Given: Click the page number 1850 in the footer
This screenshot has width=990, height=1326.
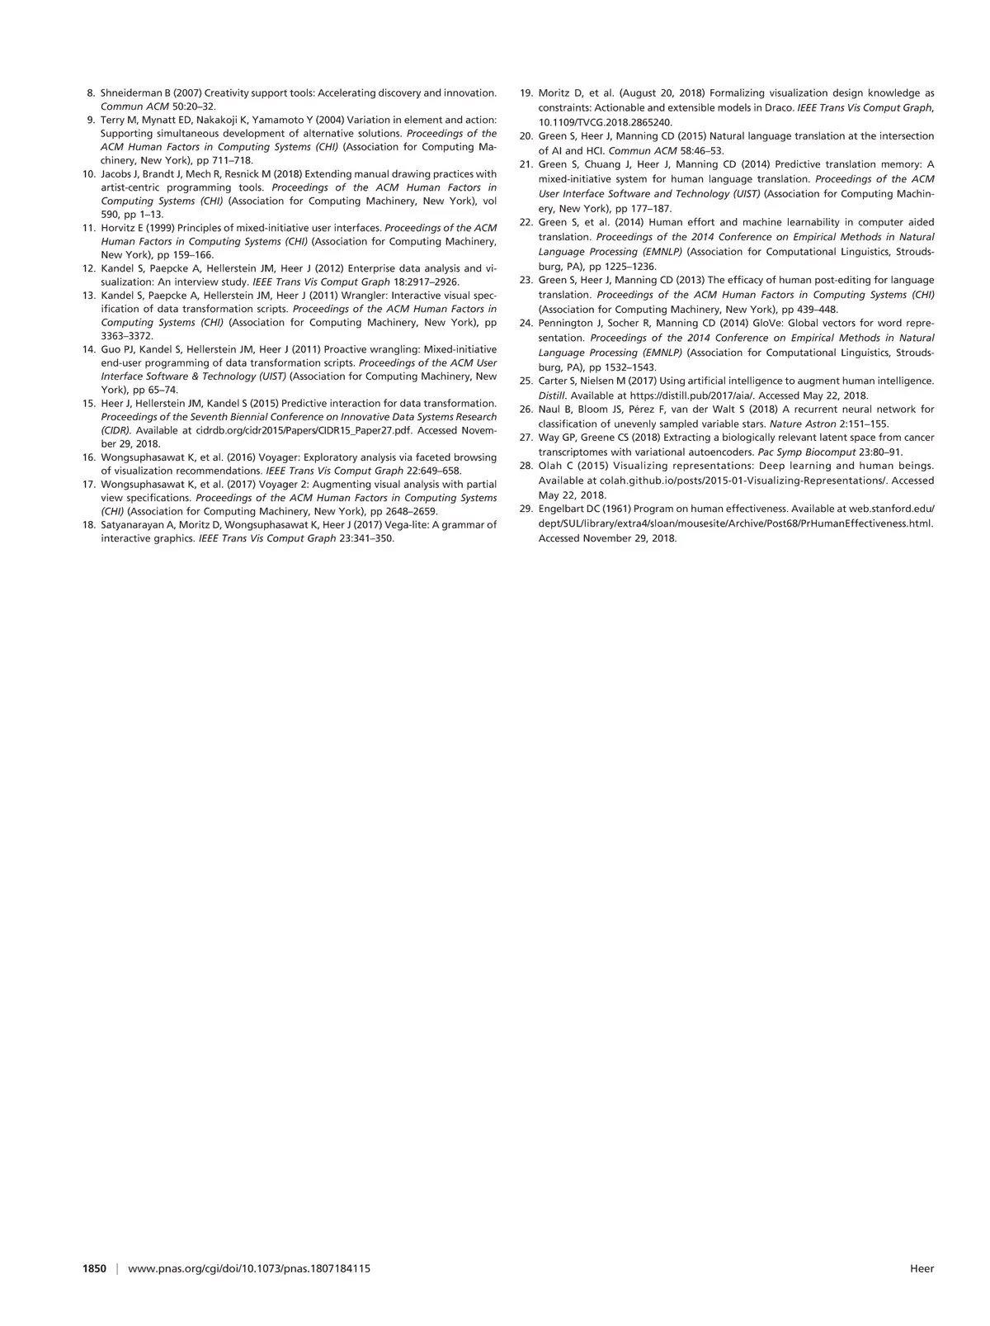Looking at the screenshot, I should click(95, 1268).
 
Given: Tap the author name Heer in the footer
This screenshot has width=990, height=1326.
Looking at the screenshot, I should click(922, 1268).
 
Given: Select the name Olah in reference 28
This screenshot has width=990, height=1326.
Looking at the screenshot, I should click(550, 466).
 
